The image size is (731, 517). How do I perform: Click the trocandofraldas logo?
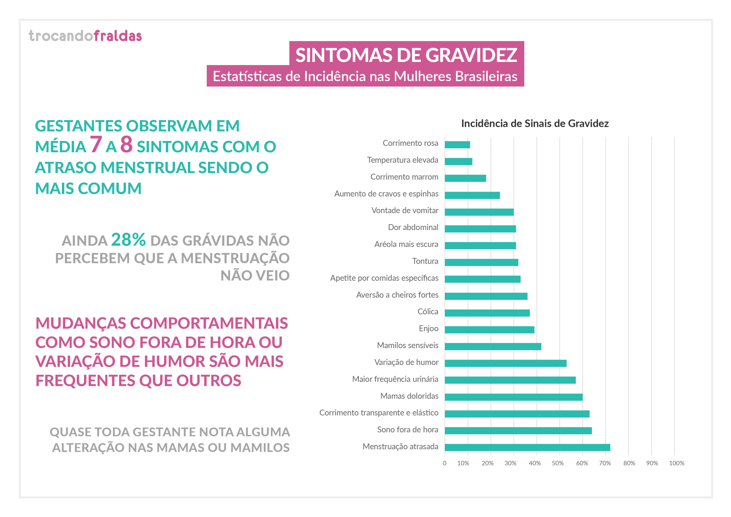tap(85, 36)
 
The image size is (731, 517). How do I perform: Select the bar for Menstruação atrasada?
tap(527, 447)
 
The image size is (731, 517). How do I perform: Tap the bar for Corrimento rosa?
tap(457, 145)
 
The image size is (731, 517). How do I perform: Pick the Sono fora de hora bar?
tap(518, 430)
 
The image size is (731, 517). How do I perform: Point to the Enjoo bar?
tap(489, 330)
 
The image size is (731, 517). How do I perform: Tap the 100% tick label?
tap(676, 463)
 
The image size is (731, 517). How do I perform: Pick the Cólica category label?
tap(428, 311)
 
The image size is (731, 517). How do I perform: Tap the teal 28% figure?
tap(128, 240)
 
